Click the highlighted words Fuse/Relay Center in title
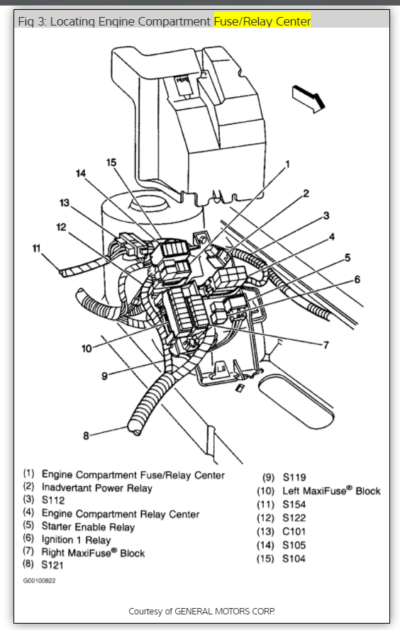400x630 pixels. point(262,21)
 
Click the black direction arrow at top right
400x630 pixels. point(309,99)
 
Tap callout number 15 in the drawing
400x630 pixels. point(111,162)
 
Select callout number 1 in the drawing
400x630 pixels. point(287,164)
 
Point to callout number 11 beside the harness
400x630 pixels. point(37,249)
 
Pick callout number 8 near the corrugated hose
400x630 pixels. point(86,436)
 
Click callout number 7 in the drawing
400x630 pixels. point(326,344)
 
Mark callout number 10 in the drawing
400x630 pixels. point(87,349)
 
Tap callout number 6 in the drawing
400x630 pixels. point(357,279)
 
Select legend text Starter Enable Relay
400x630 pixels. point(88,527)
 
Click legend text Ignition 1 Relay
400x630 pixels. point(76,539)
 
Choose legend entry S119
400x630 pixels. point(294,478)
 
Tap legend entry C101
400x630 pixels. point(294,531)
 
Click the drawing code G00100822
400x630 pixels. point(39,580)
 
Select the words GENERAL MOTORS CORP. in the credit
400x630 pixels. point(225,612)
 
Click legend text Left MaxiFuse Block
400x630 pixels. point(331,490)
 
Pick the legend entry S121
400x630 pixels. point(52,565)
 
